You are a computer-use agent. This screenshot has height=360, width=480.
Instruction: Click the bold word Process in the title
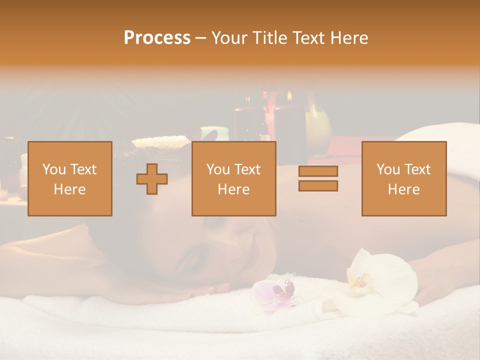(157, 37)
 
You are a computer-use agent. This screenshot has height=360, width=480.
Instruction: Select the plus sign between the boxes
(152, 178)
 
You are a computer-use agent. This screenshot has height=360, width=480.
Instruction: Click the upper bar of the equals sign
(318, 171)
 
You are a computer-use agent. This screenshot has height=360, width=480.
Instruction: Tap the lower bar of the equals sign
(318, 186)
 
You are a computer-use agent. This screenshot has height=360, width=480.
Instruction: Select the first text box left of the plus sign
(70, 178)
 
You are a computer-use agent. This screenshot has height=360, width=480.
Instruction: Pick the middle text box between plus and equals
(234, 178)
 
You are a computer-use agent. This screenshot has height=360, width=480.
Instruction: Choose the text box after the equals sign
(404, 178)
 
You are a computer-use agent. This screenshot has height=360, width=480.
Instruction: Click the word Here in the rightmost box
(404, 189)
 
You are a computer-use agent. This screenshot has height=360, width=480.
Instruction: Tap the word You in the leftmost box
(54, 169)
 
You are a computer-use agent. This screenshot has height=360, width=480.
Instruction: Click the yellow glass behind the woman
(317, 125)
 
